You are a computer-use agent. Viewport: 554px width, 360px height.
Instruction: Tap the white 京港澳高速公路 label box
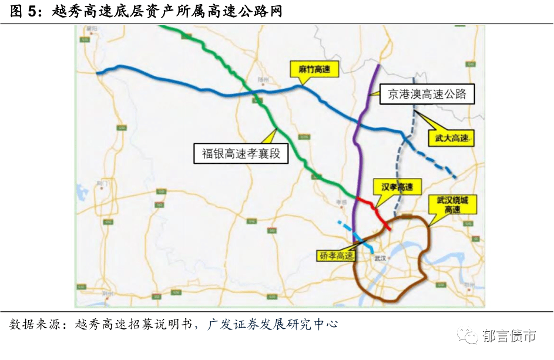(427, 94)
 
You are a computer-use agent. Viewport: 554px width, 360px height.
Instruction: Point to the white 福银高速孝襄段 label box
(241, 154)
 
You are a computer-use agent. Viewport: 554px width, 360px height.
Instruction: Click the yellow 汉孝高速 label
(398, 187)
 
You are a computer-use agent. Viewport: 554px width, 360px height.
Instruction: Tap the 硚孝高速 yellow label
(337, 255)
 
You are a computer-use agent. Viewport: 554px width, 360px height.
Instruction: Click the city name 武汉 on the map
(381, 258)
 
